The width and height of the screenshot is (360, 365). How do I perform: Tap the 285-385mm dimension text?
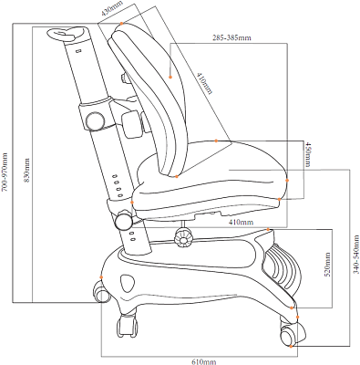(x=231, y=38)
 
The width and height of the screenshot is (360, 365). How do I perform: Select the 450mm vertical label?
(x=308, y=154)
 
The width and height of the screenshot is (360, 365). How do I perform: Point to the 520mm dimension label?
(x=327, y=265)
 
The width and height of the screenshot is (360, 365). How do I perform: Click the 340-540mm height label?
(x=356, y=255)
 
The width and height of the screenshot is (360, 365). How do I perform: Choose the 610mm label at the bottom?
(x=203, y=361)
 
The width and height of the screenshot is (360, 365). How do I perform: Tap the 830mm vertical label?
(x=26, y=170)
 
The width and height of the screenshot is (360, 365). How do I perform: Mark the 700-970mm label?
(x=5, y=172)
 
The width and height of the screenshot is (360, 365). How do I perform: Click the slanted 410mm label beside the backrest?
(x=204, y=83)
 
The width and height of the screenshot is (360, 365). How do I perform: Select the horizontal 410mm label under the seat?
(x=241, y=222)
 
